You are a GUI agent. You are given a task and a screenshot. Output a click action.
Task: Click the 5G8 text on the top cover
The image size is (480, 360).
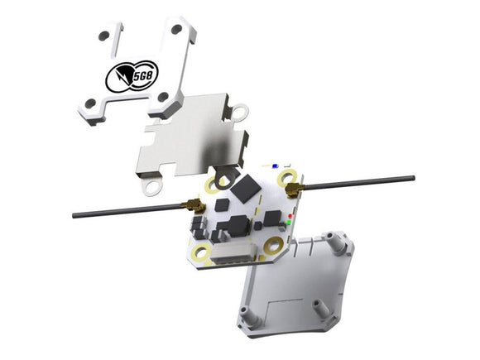click(x=142, y=76)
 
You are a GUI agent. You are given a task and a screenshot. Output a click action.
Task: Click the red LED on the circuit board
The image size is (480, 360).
click(x=290, y=216)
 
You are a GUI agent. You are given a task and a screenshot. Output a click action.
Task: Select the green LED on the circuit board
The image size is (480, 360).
click(x=288, y=222)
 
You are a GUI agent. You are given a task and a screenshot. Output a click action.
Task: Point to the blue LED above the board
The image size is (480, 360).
click(x=275, y=166)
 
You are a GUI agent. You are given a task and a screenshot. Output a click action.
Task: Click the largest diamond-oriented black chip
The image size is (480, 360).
click(x=247, y=188)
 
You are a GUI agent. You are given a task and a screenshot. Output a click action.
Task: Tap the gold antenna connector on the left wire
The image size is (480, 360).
click(x=193, y=205)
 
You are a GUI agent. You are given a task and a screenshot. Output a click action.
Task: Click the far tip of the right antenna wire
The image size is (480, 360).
click(x=413, y=178)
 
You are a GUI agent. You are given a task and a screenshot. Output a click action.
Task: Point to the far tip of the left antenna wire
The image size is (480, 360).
click(x=74, y=215)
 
